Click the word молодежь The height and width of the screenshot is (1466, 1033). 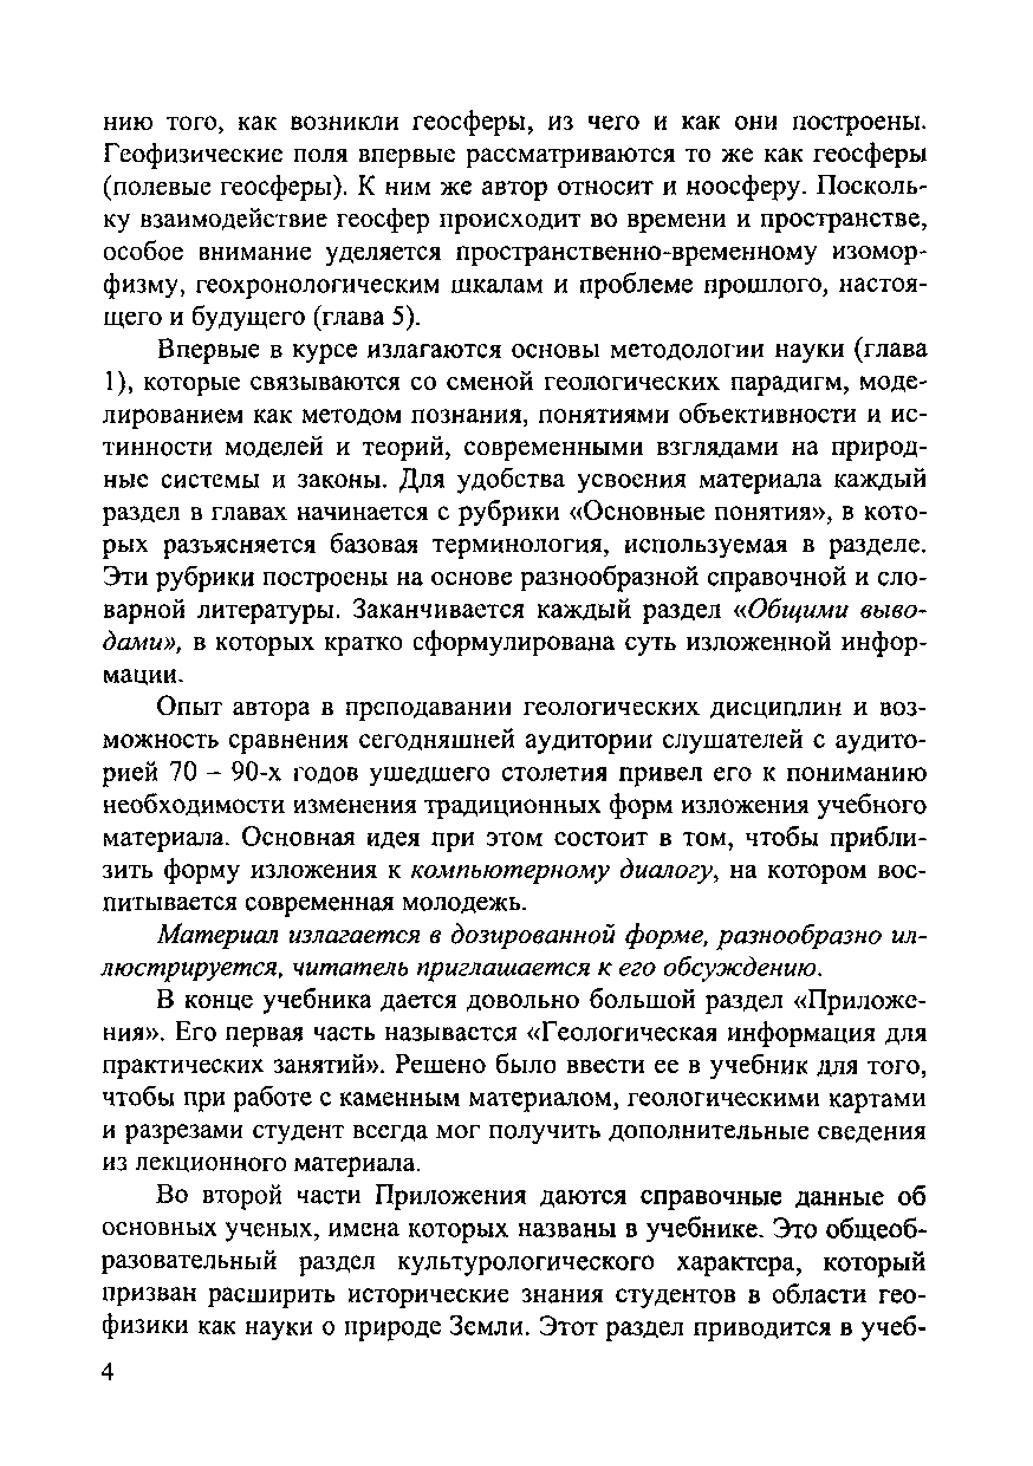coord(469,903)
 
